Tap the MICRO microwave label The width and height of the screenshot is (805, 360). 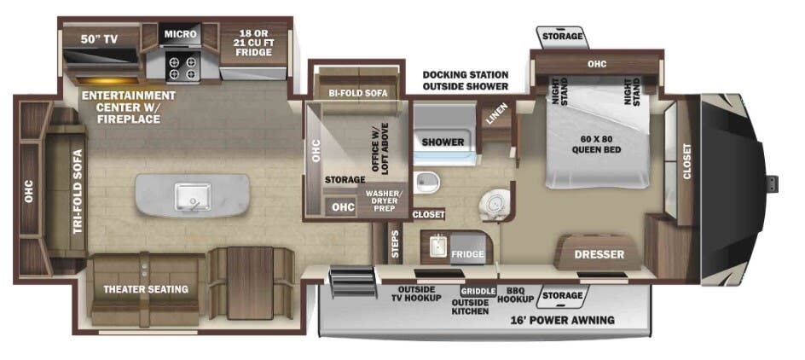click(181, 34)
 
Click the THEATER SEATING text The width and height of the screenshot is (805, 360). click(146, 289)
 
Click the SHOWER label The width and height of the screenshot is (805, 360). click(443, 142)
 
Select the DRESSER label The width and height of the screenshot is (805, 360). click(599, 254)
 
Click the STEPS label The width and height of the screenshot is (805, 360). click(395, 243)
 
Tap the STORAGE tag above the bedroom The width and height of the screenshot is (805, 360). click(563, 36)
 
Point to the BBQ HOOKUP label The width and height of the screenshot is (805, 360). click(515, 294)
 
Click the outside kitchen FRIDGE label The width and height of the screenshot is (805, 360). click(467, 254)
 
